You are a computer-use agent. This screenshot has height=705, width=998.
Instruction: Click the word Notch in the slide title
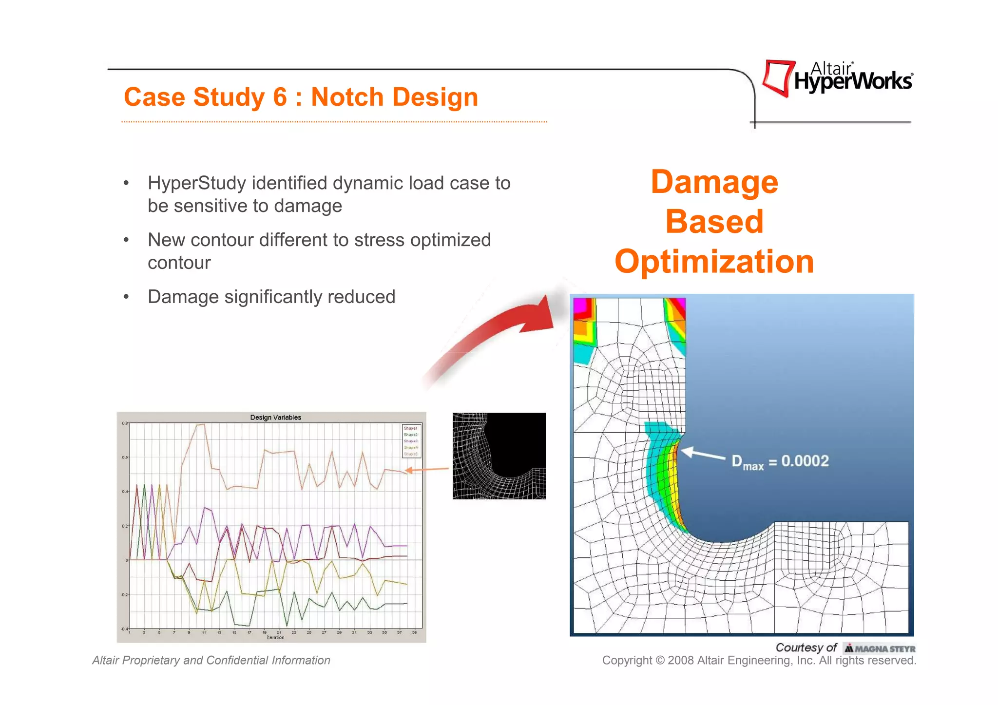tap(347, 97)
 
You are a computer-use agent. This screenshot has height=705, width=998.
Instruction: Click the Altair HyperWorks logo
tap(838, 78)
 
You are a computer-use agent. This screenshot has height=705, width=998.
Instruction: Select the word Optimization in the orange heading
tap(714, 262)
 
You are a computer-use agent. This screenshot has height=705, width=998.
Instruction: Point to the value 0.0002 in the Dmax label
tap(805, 461)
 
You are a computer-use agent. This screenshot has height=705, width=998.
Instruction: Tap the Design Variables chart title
tap(275, 418)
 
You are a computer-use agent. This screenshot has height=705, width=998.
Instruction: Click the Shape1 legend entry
tap(410, 428)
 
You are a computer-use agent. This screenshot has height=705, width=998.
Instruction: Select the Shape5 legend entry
tap(410, 454)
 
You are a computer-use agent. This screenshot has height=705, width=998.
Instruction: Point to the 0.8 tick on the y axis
tap(125, 423)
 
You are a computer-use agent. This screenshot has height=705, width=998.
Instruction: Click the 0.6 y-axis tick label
tap(125, 457)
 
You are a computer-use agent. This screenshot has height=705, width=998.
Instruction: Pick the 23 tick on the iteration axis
tap(294, 632)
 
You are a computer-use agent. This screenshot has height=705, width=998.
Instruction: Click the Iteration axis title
tap(275, 638)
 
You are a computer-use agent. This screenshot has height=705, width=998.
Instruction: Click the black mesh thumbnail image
tap(499, 456)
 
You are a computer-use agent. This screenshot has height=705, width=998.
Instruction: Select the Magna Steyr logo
tap(880, 648)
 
